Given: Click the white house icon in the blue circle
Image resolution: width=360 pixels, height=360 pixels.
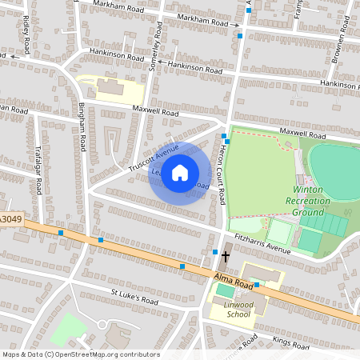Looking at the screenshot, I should pyautogui.click(x=180, y=172).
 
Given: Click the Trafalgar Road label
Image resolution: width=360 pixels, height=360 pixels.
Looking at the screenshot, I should pyautogui.click(x=38, y=175).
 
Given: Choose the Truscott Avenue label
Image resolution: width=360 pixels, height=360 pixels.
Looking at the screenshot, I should pyautogui.click(x=154, y=158).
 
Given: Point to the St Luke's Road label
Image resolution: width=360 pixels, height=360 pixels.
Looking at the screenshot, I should pyautogui.click(x=134, y=298).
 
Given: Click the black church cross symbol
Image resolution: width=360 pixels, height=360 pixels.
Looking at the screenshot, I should pyautogui.click(x=226, y=256).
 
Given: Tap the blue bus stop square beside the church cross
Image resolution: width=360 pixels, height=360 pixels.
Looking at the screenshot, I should pyautogui.click(x=215, y=252).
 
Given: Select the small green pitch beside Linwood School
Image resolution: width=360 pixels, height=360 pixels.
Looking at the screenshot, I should pyautogui.click(x=226, y=290).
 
